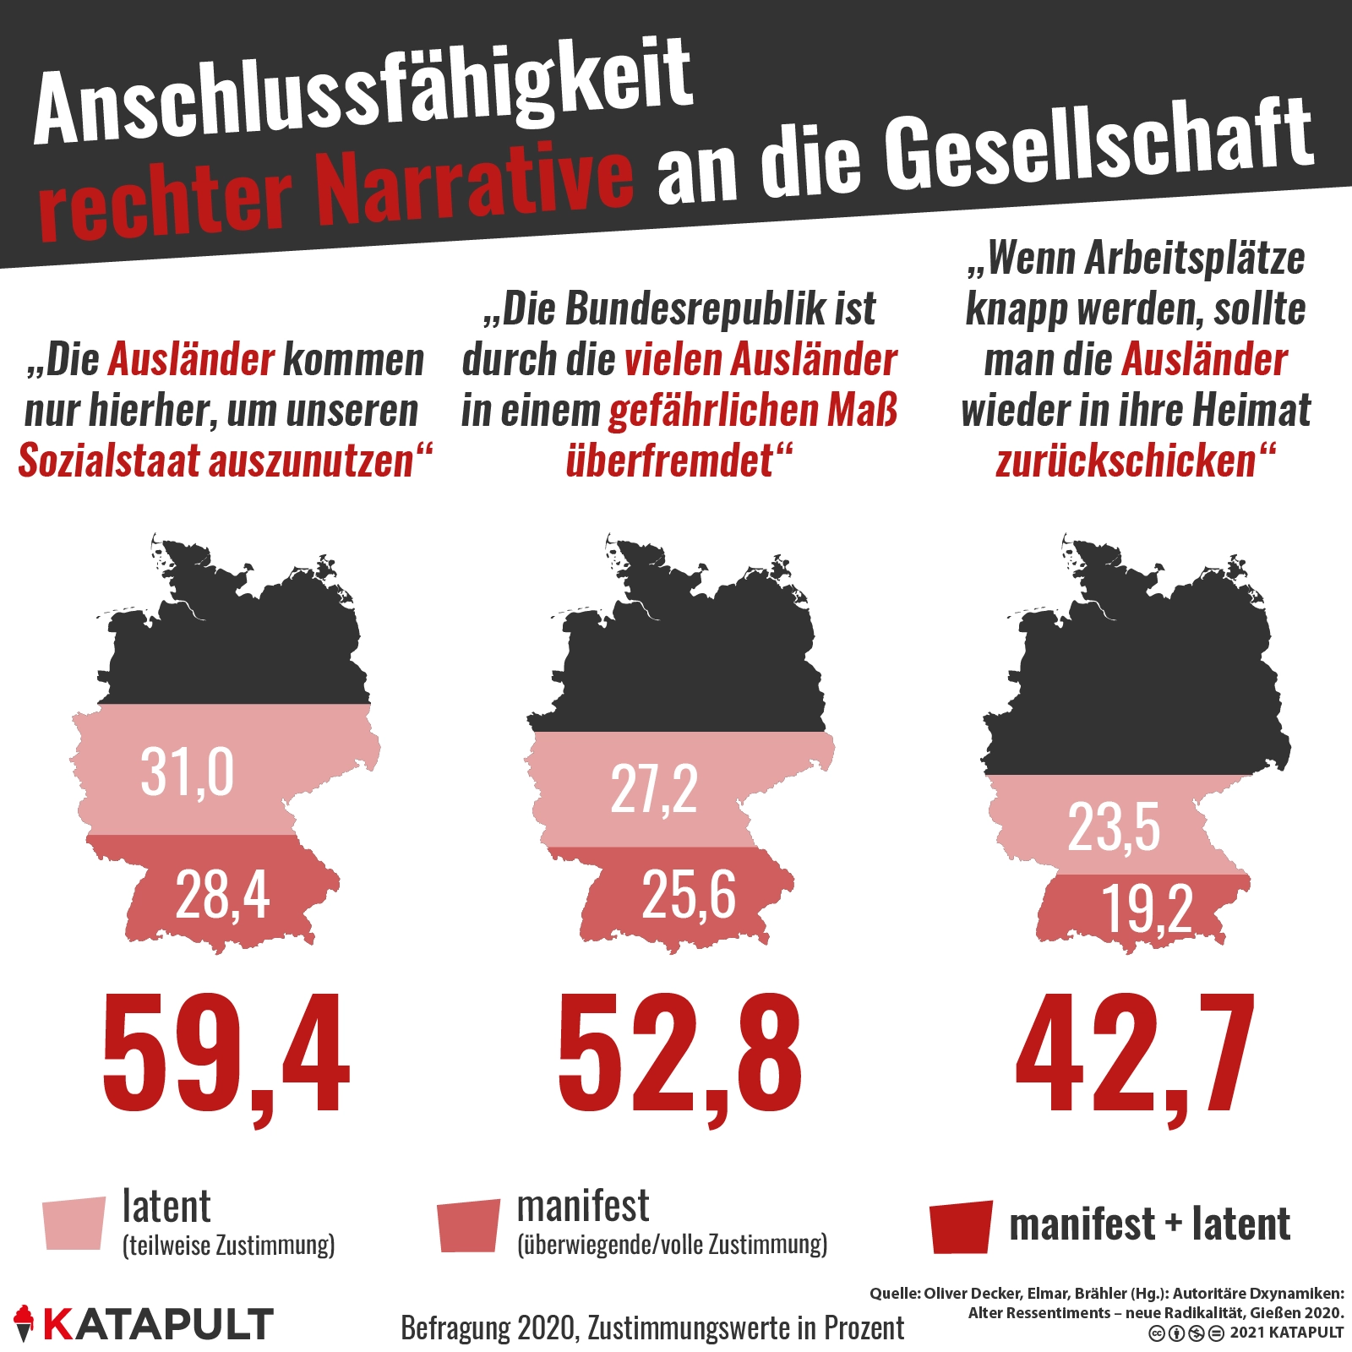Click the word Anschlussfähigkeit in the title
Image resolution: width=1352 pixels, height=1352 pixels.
pyautogui.click(x=363, y=93)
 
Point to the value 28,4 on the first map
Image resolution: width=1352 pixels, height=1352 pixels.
pyautogui.click(x=222, y=895)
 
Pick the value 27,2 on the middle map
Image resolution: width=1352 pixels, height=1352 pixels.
pyautogui.click(x=654, y=790)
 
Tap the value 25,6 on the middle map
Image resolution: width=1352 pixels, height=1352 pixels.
pyautogui.click(x=688, y=895)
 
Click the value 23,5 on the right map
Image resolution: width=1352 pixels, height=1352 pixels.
pyautogui.click(x=1114, y=826)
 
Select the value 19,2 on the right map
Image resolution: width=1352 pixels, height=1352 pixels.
pyautogui.click(x=1147, y=909)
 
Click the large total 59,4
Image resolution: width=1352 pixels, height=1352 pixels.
pyautogui.click(x=226, y=1056)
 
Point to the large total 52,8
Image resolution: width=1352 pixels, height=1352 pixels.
pyautogui.click(x=679, y=1056)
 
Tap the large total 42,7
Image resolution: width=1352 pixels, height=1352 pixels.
pyautogui.click(x=1135, y=1056)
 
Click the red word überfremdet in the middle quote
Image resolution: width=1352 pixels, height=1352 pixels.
pyautogui.click(x=669, y=461)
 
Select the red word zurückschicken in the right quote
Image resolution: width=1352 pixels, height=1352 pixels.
pyautogui.click(x=1126, y=461)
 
